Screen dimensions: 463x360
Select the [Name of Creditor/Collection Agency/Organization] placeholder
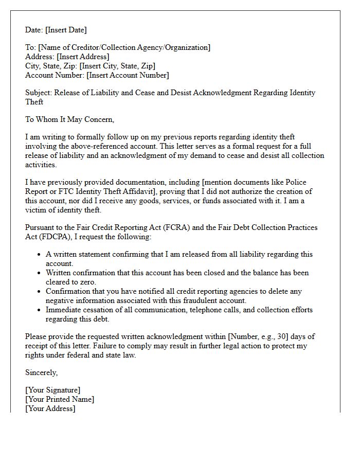click(124, 47)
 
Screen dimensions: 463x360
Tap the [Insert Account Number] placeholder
click(128, 75)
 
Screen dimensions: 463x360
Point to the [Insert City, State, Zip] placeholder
click(117, 66)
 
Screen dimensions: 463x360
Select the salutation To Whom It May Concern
click(69, 119)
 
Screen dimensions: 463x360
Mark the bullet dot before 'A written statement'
click(40, 255)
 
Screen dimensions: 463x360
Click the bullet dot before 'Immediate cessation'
click(40, 310)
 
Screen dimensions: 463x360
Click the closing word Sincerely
click(41, 372)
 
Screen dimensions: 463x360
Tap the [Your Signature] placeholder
click(52, 390)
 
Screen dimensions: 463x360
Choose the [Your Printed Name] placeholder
click(60, 399)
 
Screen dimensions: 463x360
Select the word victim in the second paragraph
click(36, 210)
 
